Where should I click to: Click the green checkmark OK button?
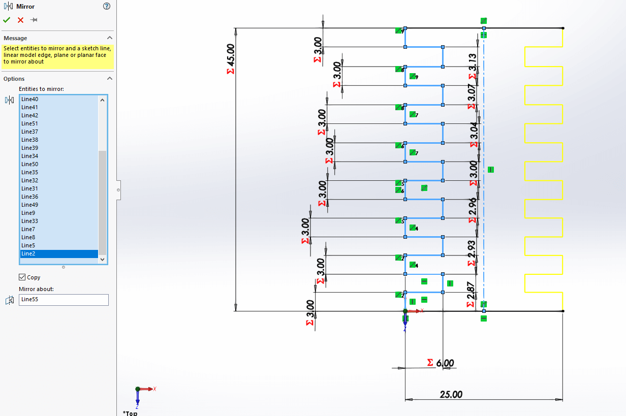[7, 20]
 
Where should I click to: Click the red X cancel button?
[20, 20]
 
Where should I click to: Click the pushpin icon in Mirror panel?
[34, 20]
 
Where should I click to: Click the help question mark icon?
[106, 6]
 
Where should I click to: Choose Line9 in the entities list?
[28, 213]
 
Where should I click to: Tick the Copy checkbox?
[22, 277]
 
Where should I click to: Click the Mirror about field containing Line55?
[64, 300]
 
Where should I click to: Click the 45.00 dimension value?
[231, 55]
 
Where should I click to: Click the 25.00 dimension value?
[451, 394]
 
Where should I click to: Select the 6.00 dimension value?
[445, 363]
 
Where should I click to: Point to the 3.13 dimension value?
[473, 62]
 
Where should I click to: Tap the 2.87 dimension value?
[472, 291]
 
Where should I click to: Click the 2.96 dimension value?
[473, 207]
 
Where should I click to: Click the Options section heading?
[14, 79]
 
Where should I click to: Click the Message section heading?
[15, 38]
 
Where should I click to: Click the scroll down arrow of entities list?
[103, 259]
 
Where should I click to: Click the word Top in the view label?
[131, 413]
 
